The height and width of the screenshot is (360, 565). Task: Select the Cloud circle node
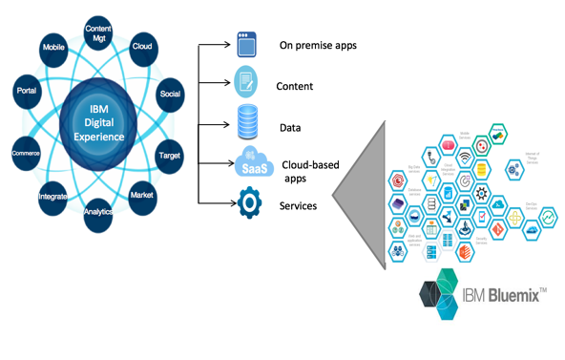(x=143, y=46)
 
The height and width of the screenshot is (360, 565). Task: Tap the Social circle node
(x=171, y=95)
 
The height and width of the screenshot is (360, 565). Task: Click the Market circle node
(x=143, y=195)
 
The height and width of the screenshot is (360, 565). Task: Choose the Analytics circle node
(x=98, y=213)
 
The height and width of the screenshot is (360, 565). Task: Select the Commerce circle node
(x=26, y=152)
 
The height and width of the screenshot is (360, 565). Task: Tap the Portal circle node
(x=27, y=91)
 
